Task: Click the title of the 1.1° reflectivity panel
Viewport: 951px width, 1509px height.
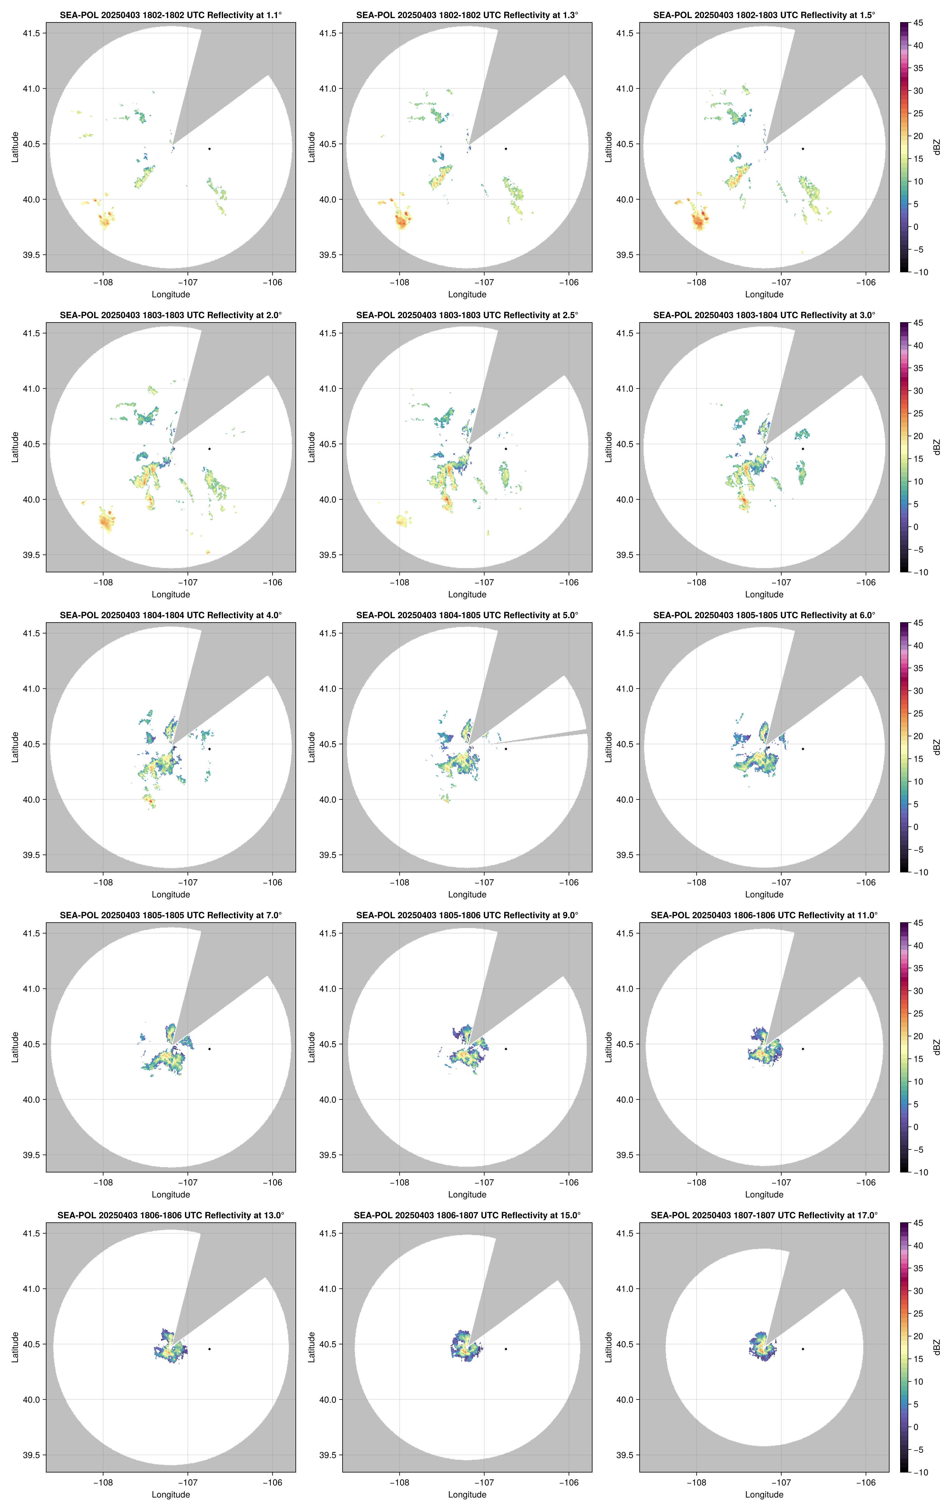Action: tap(171, 15)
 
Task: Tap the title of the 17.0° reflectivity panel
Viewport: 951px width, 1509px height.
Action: tap(763, 1215)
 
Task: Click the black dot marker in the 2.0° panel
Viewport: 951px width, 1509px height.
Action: tap(209, 449)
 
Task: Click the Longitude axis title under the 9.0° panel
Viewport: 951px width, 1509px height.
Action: tap(467, 1194)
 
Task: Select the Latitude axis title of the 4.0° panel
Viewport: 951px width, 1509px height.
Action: tap(15, 747)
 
